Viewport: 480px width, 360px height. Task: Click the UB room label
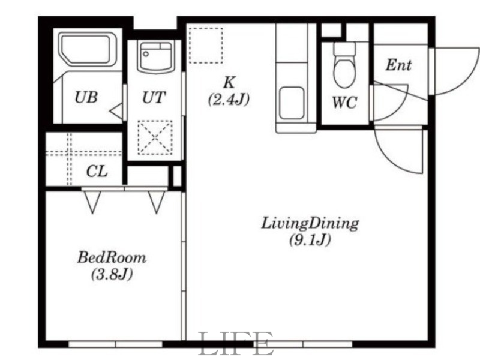pos(86,97)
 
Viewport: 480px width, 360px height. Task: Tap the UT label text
pos(154,97)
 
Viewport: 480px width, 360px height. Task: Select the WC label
pos(344,102)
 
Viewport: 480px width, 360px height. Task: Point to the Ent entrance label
pos(398,65)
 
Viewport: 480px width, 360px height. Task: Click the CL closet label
pos(97,172)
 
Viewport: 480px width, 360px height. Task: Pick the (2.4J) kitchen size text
pos(229,100)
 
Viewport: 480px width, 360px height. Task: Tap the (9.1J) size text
pos(310,239)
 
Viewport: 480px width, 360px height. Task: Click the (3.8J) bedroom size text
pos(112,274)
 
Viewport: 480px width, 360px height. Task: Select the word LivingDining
pos(310,223)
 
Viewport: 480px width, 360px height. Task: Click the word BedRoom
pos(112,257)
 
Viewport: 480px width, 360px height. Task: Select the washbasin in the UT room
pos(155,56)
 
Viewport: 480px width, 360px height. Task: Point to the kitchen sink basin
pos(292,103)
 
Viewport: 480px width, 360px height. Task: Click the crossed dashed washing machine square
pos(155,137)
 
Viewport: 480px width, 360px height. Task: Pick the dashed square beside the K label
pos(205,46)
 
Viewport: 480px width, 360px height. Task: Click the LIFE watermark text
pos(236,343)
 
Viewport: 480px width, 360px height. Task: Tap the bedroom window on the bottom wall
pos(115,344)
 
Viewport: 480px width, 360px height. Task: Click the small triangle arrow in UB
pos(116,111)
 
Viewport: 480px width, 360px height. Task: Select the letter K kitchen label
pos(230,82)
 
